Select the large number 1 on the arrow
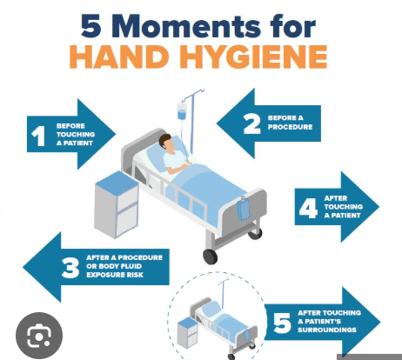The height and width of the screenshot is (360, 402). (x=38, y=136)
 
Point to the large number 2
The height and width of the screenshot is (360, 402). (x=251, y=123)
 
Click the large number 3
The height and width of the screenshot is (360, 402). (x=70, y=268)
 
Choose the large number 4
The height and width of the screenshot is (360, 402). (x=308, y=208)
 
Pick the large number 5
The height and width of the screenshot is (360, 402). (x=282, y=323)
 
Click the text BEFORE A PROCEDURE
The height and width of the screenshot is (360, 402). (x=290, y=123)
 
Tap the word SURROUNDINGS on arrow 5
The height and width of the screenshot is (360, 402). (x=327, y=330)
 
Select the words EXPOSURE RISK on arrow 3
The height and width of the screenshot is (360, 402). (x=115, y=275)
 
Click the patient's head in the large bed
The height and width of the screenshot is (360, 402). (x=167, y=142)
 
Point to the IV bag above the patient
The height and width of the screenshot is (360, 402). (x=182, y=111)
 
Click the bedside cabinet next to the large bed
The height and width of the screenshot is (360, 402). (x=117, y=204)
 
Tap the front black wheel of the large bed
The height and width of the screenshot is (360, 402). (x=210, y=257)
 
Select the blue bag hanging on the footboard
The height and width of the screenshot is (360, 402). (x=243, y=208)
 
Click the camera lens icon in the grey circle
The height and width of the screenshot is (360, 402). (x=39, y=336)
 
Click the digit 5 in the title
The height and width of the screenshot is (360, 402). (x=91, y=27)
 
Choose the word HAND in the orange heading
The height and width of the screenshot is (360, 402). (x=119, y=57)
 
